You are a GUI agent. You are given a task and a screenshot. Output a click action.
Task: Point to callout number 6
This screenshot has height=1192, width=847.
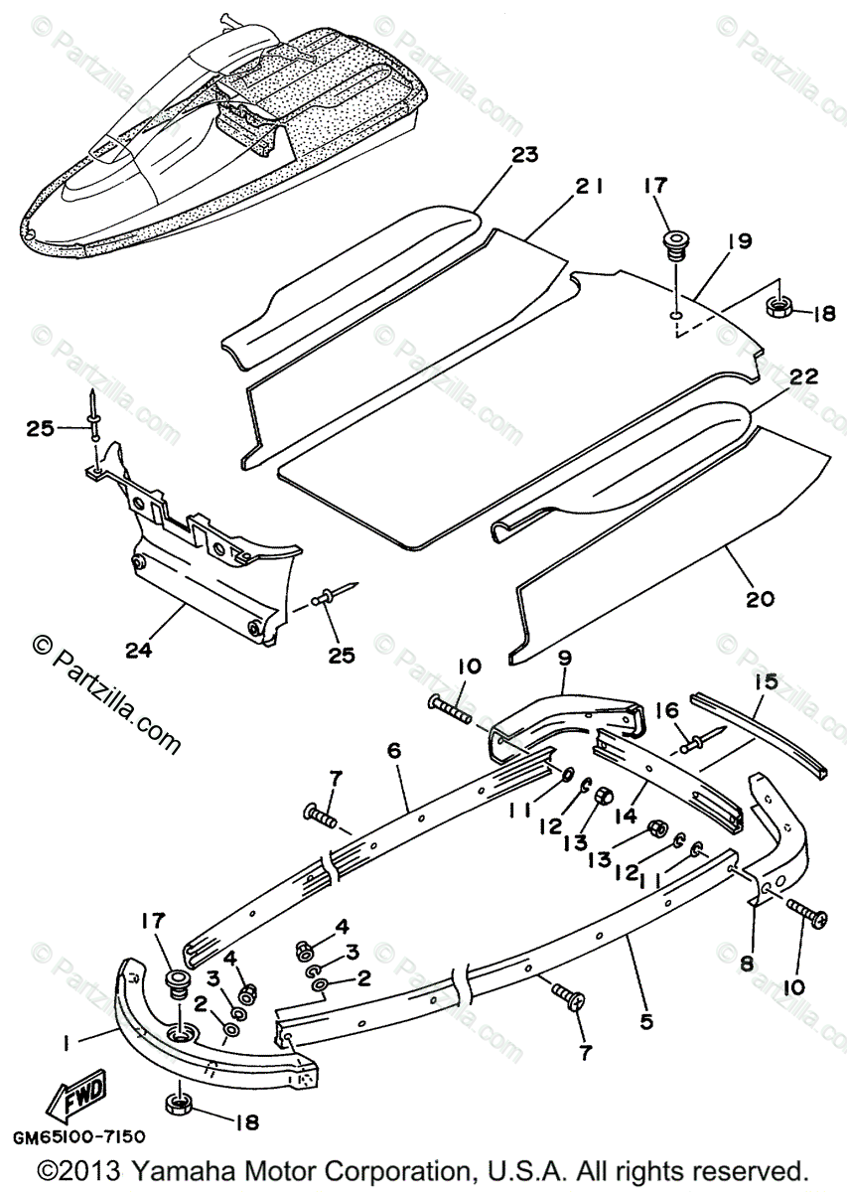393,751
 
